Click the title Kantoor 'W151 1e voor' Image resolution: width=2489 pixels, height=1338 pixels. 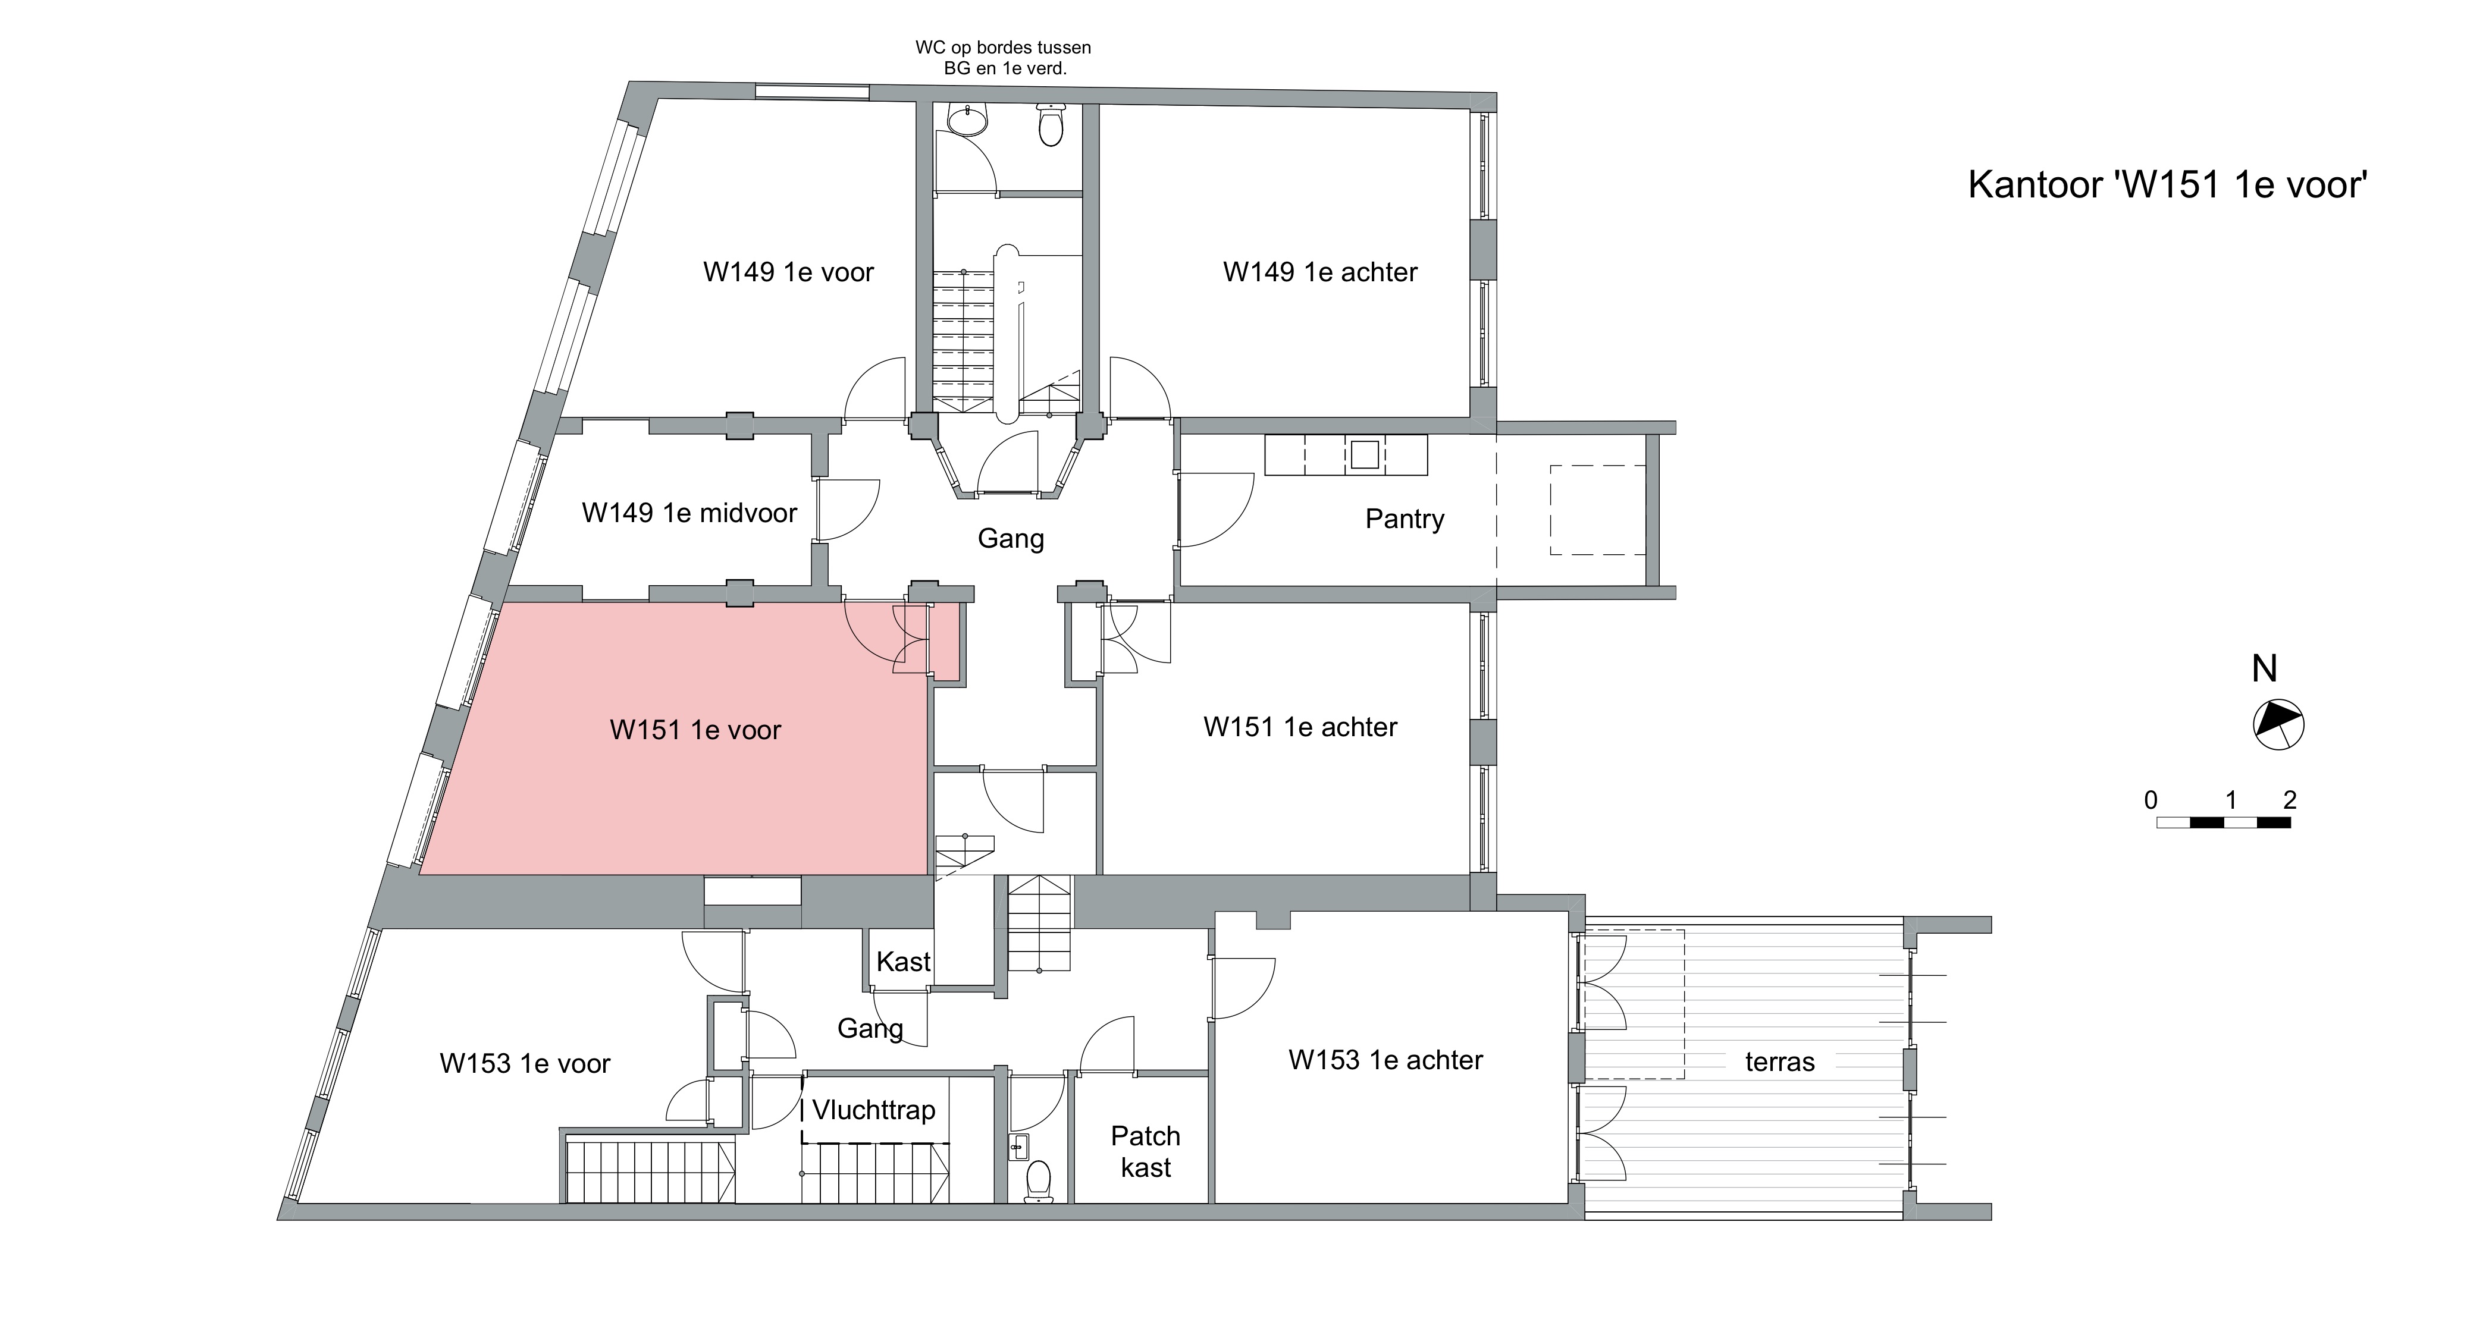[x=2167, y=184]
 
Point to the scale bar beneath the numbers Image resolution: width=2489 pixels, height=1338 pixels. [x=2223, y=823]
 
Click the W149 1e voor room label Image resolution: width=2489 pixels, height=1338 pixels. [x=788, y=272]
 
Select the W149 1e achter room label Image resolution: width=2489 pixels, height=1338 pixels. [x=1320, y=272]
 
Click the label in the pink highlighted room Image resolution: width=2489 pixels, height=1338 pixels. [x=695, y=730]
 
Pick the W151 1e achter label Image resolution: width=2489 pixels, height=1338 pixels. [x=1300, y=727]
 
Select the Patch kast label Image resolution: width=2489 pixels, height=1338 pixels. [x=1146, y=1151]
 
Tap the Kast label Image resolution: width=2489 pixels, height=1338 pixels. [x=904, y=961]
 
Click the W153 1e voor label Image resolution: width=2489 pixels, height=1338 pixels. [x=525, y=1064]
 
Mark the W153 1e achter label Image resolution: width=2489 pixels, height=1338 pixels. [x=1385, y=1060]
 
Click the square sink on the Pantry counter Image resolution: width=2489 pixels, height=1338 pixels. [x=1364, y=454]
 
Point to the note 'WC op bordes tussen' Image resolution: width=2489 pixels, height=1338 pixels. [x=1003, y=48]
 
